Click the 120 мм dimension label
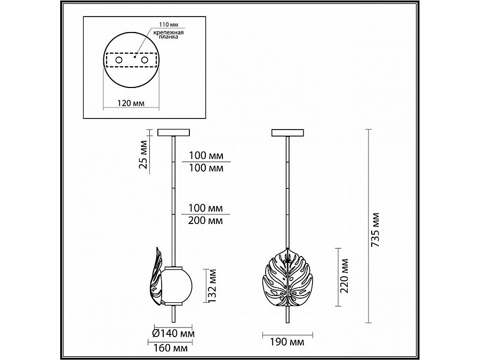pos(131,103)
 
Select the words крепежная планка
pos(168,35)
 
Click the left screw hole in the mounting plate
pos(118,60)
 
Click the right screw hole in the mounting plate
pos(145,60)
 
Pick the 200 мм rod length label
pos(205,220)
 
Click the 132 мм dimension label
pos(212,286)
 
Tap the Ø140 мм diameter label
pos(173,333)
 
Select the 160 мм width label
pos(171,348)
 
